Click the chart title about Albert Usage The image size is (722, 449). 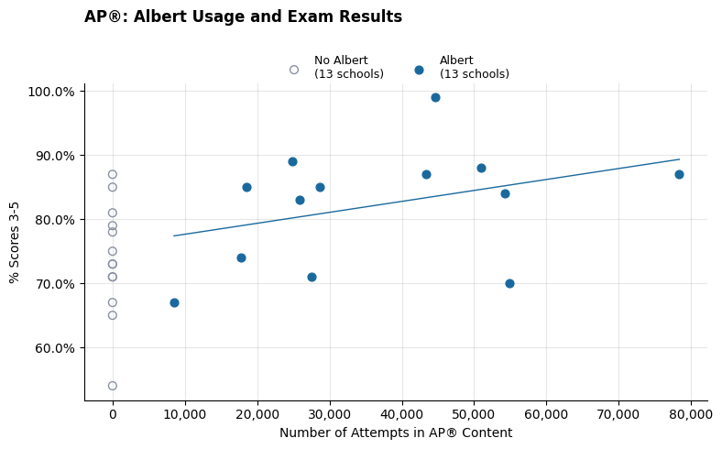[243, 17]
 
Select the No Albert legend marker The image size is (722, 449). [294, 70]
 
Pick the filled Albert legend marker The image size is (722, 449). [419, 70]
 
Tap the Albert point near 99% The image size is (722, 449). [435, 97]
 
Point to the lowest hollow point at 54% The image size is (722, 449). [113, 386]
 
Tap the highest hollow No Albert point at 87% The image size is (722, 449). [113, 174]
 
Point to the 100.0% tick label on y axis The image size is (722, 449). [51, 92]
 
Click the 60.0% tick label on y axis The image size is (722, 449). [54, 348]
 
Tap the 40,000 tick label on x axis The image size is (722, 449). [401, 414]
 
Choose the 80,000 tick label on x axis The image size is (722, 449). [690, 414]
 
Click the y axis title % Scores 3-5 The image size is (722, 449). [15, 242]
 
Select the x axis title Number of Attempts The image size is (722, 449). [396, 433]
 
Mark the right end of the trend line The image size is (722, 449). [679, 159]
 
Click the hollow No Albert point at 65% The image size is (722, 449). [113, 315]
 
